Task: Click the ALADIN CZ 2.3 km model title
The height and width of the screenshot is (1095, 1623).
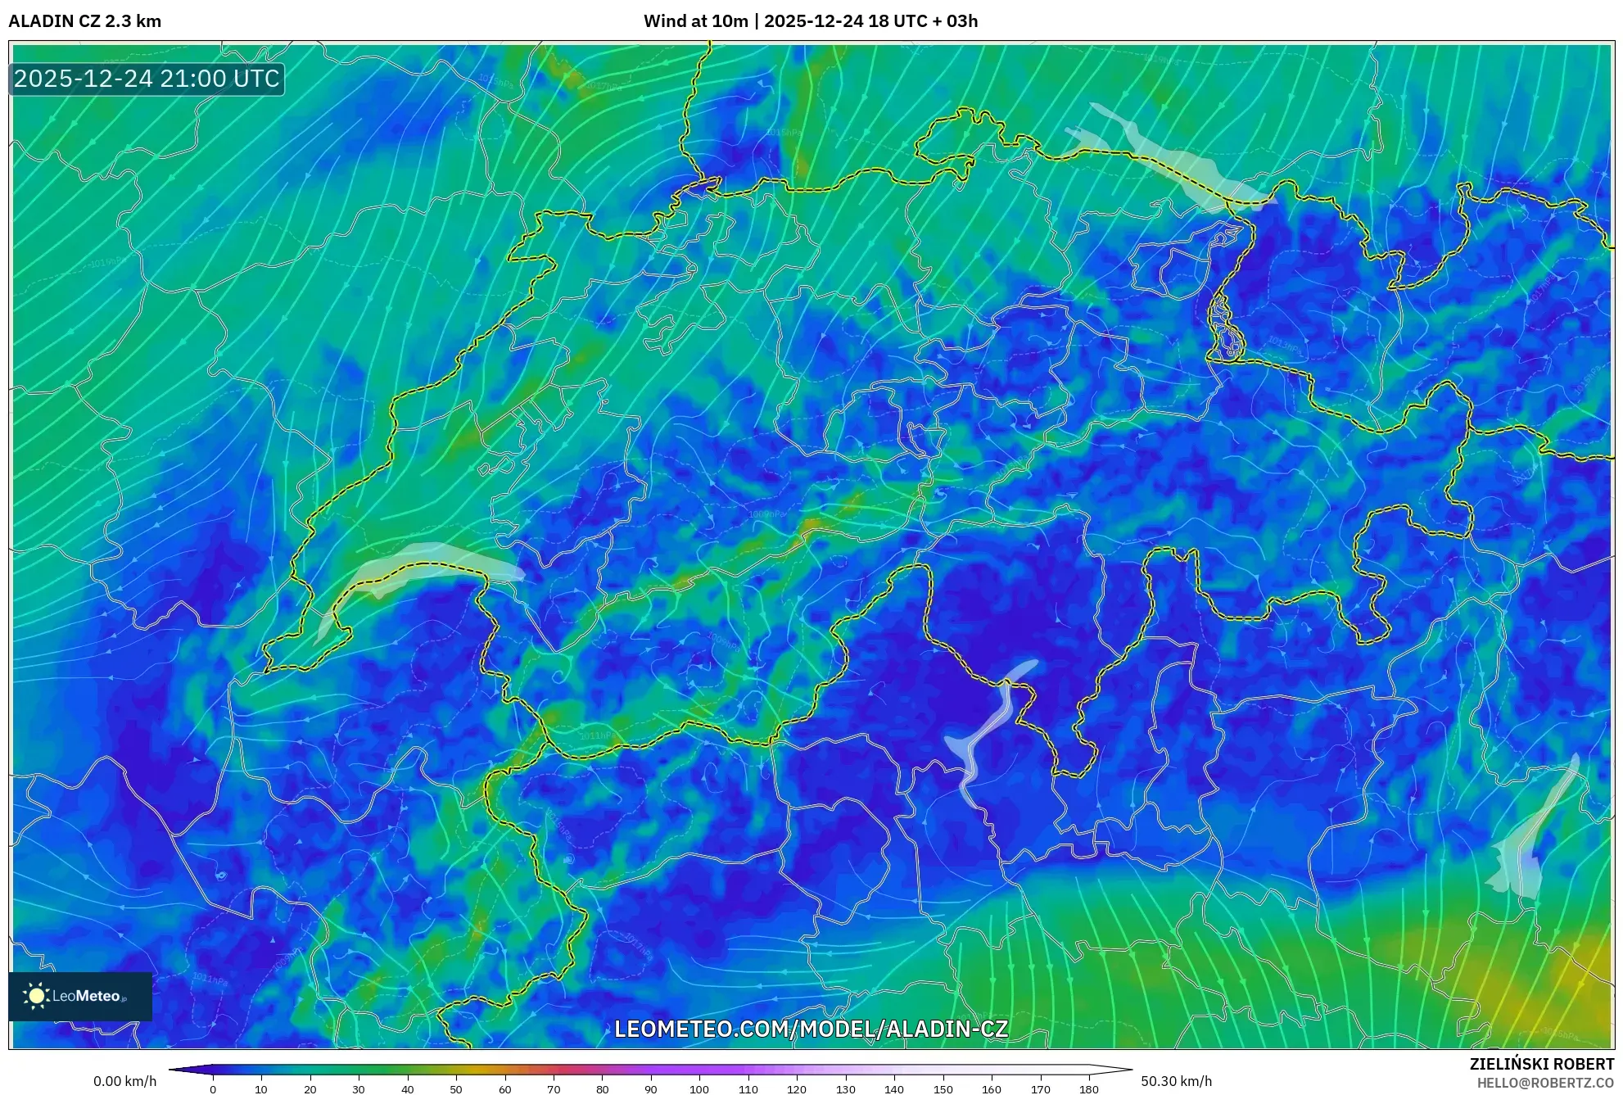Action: click(x=85, y=21)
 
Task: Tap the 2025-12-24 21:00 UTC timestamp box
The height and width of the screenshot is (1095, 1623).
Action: click(x=147, y=79)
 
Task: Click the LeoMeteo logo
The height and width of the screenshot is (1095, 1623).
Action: click(x=80, y=996)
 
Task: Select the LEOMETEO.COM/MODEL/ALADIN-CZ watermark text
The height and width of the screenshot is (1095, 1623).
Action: click(x=811, y=1029)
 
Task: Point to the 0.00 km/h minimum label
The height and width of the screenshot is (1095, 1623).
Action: click(x=124, y=1081)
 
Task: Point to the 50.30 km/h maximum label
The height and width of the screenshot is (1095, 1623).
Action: click(x=1176, y=1081)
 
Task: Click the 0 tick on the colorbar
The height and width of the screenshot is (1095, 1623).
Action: click(x=213, y=1088)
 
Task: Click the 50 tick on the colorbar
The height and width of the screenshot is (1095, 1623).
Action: click(x=456, y=1088)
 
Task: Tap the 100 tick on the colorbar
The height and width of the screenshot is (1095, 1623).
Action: click(x=699, y=1088)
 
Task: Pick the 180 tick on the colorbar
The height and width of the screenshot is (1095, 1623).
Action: click(x=1089, y=1088)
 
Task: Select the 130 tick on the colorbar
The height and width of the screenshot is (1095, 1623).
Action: click(x=845, y=1088)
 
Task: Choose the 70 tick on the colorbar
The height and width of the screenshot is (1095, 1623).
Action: click(x=554, y=1088)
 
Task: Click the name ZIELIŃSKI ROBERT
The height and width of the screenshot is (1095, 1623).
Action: click(x=1541, y=1064)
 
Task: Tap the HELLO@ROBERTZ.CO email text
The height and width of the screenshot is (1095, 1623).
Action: click(x=1545, y=1083)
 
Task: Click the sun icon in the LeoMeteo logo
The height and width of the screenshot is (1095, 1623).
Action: click(x=36, y=996)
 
